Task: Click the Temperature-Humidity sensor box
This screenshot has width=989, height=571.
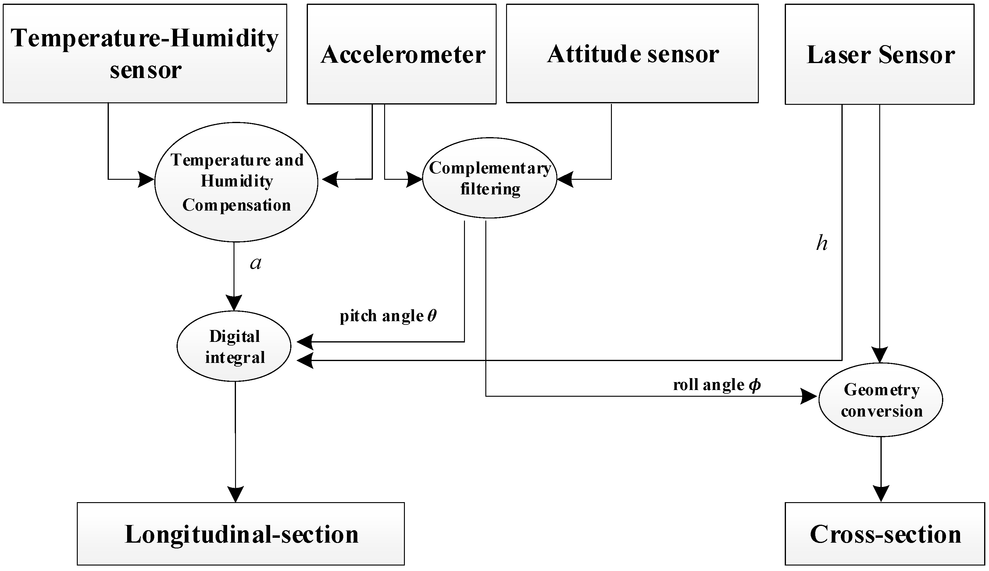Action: [145, 54]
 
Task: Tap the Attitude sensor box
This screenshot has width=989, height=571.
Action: [632, 54]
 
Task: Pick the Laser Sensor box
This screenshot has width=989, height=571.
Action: [879, 54]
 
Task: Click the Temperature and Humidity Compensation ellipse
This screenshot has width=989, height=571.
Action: [236, 182]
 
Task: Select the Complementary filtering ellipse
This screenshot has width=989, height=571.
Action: [489, 178]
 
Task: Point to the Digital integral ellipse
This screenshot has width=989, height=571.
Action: [234, 346]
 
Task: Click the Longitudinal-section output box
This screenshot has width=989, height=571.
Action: [241, 534]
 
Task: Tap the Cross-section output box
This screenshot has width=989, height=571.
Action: [885, 534]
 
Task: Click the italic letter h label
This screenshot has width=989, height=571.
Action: [822, 243]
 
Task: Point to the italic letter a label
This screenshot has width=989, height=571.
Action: [255, 263]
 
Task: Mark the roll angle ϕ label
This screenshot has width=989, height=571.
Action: [717, 385]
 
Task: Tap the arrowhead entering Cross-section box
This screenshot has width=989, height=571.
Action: [881, 493]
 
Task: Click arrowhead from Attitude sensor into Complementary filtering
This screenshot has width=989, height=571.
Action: [565, 179]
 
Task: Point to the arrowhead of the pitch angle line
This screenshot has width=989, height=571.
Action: [305, 342]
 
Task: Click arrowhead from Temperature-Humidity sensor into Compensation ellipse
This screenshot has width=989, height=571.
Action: [146, 179]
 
